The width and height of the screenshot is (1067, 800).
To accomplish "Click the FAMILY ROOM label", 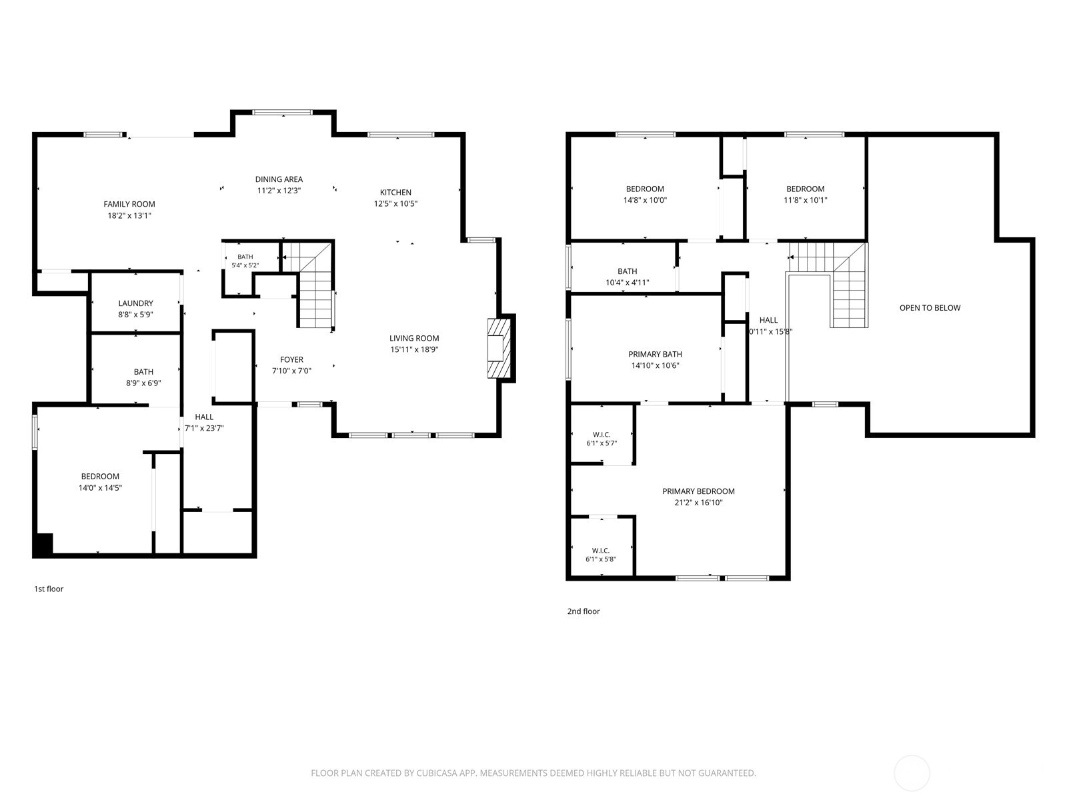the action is click(129, 205).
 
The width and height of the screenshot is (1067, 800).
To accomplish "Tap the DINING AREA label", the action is click(279, 180).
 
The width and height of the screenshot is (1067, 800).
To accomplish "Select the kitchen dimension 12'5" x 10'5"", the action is click(395, 204).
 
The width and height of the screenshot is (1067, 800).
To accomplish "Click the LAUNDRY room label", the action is click(135, 303).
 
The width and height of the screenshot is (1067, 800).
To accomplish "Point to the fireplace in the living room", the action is click(499, 348).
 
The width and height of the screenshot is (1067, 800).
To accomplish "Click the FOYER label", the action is click(291, 360).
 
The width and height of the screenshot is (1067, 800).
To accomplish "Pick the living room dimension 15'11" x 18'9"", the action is click(414, 350).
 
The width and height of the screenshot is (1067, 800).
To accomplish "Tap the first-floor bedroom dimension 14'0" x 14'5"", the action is click(100, 488).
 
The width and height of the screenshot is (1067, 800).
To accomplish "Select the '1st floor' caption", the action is click(49, 589).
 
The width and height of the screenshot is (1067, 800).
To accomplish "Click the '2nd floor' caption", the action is click(584, 611).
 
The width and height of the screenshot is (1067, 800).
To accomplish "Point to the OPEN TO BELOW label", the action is click(930, 308).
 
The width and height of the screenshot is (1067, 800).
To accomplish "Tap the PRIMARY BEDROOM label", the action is click(698, 491).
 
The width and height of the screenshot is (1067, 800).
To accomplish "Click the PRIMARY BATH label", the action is click(656, 355).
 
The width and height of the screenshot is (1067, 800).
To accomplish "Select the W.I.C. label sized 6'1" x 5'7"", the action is click(602, 439).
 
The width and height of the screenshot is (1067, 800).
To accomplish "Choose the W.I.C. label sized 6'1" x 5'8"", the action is click(601, 555).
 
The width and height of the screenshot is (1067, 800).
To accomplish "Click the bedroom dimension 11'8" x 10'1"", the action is click(806, 200).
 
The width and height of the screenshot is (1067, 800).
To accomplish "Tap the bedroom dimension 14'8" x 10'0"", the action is click(645, 200).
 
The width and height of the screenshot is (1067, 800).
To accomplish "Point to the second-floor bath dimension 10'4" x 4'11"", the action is click(628, 283).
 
